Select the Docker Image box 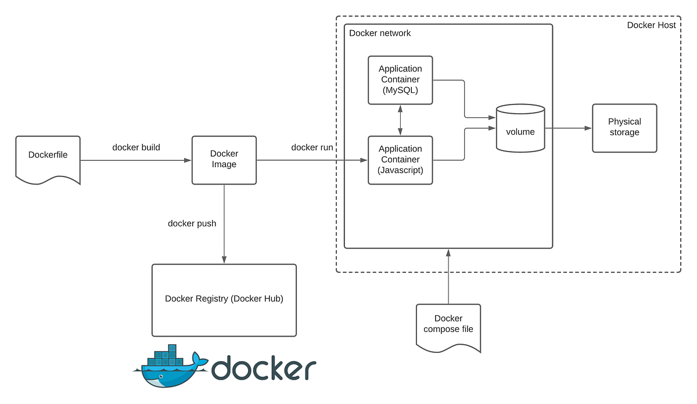tap(224, 160)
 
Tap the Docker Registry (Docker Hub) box tap(224, 300)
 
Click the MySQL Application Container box tap(400, 80)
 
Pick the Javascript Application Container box tap(400, 160)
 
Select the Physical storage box tap(624, 128)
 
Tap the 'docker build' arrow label tap(136, 147)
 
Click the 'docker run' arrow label tap(312, 147)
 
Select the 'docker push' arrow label tap(192, 223)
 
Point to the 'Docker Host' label tap(651, 25)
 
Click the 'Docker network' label tap(380, 33)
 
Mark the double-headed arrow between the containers tap(400, 120)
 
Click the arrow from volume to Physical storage tap(568, 128)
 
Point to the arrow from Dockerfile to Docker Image tap(136, 160)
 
